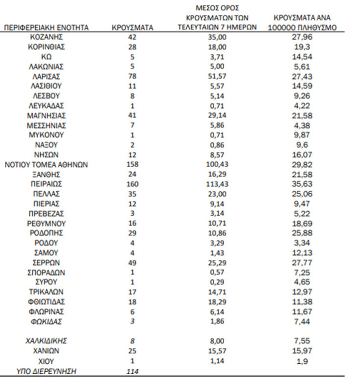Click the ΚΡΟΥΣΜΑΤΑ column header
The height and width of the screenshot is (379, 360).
tap(132, 28)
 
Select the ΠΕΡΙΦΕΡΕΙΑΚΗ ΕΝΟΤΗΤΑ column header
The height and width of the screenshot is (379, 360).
tap(46, 28)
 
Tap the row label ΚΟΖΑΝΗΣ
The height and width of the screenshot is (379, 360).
tap(46, 37)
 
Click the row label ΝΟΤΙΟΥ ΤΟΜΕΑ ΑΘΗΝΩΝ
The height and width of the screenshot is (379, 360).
tap(46, 165)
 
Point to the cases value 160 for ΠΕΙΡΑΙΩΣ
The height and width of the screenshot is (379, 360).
tap(132, 184)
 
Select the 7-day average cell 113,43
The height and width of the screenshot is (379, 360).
tap(216, 184)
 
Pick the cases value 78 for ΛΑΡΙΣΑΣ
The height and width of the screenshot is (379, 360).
tap(132, 76)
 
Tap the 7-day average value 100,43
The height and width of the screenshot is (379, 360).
tap(216, 165)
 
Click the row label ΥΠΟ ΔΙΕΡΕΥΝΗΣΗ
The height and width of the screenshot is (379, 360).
tap(46, 371)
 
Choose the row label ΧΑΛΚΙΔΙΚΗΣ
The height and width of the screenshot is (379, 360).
tap(46, 341)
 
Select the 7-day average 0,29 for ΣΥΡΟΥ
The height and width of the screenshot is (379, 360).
tap(216, 282)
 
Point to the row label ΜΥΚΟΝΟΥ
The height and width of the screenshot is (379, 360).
tap(46, 135)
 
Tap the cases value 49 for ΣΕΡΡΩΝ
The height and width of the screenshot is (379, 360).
tap(132, 263)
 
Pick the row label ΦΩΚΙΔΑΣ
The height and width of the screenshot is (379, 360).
tap(46, 322)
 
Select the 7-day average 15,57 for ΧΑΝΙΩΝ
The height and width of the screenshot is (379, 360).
tap(216, 351)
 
